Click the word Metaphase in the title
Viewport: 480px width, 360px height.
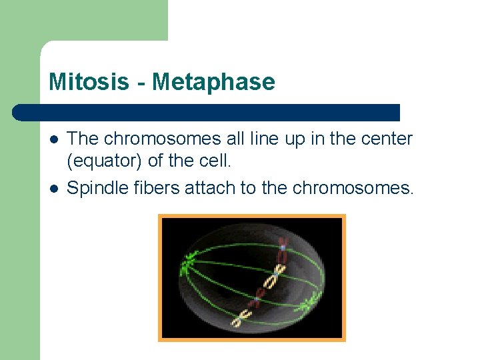coord(213,82)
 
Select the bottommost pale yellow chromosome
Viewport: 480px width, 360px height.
coord(238,318)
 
